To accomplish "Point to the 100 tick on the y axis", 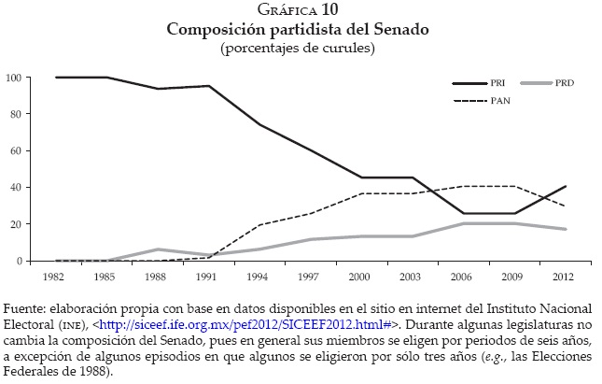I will coord(13,77).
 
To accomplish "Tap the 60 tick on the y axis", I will coord(16,150).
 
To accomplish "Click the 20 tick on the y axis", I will coord(16,224).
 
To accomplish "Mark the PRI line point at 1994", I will coord(259,125).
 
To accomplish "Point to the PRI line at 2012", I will coord(565,187).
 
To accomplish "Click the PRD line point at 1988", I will coord(158,249).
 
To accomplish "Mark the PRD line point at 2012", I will coord(565,229).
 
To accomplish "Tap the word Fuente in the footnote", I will coord(23,309).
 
